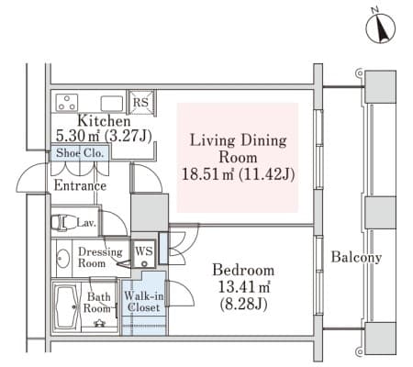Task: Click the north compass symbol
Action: [381, 28]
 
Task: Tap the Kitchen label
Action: [104, 121]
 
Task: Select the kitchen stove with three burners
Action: [67, 102]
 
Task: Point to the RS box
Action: [141, 102]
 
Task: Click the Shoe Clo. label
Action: [80, 152]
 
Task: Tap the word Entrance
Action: [80, 185]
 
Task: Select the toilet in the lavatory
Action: [62, 222]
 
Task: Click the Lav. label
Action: [86, 223]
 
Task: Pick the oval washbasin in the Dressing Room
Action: [63, 259]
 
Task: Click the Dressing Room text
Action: [100, 258]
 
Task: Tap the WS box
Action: [144, 253]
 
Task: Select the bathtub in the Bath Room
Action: [66, 307]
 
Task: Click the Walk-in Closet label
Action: [143, 302]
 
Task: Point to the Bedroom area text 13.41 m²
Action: [244, 287]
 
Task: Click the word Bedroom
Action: [243, 271]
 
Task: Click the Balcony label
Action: [356, 257]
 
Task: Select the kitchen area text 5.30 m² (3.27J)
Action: [104, 136]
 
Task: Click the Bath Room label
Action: [97, 303]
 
